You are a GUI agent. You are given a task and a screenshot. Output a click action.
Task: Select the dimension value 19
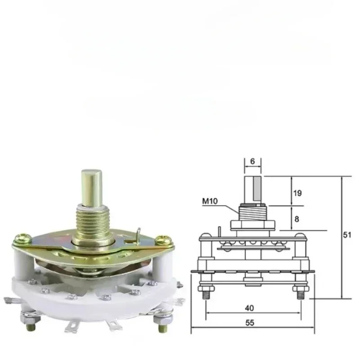[297, 193]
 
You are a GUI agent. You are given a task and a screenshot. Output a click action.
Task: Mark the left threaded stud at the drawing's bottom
[205, 292]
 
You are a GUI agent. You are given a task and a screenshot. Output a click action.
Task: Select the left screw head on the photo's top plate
[22, 237]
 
